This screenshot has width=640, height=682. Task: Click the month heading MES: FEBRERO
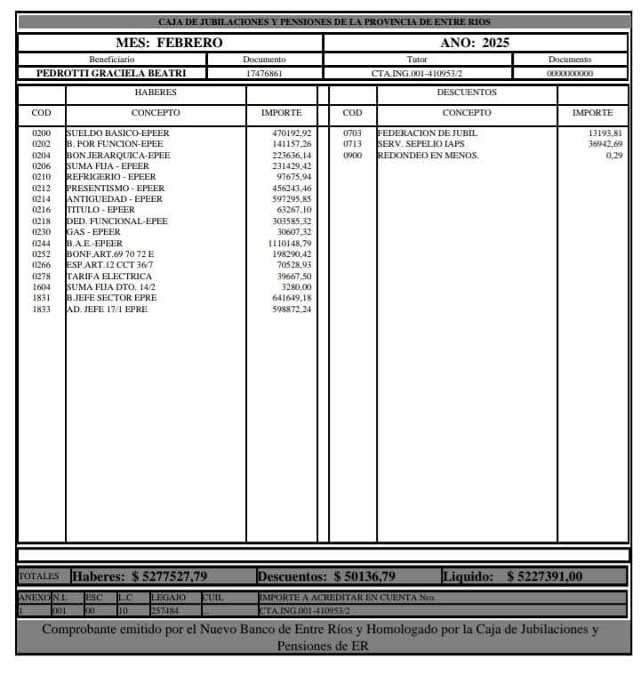click(x=169, y=43)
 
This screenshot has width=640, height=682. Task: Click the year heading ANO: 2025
click(x=475, y=43)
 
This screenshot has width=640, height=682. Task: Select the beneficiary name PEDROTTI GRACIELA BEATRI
click(x=111, y=73)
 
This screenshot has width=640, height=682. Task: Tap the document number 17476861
click(x=264, y=73)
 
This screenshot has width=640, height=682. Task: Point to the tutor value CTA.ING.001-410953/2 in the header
click(x=417, y=73)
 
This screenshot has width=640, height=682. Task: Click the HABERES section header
click(x=156, y=92)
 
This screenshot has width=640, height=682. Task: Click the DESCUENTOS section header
click(x=467, y=92)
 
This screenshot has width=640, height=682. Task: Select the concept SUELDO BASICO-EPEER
click(x=117, y=133)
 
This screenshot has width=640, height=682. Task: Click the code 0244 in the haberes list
click(x=42, y=244)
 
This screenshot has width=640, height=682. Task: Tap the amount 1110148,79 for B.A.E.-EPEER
click(x=289, y=244)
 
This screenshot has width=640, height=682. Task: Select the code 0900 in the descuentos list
click(x=353, y=156)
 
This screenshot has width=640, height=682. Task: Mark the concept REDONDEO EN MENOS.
click(x=428, y=156)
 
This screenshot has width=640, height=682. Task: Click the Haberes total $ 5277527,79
click(x=140, y=577)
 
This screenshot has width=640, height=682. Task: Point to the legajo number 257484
click(x=165, y=612)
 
